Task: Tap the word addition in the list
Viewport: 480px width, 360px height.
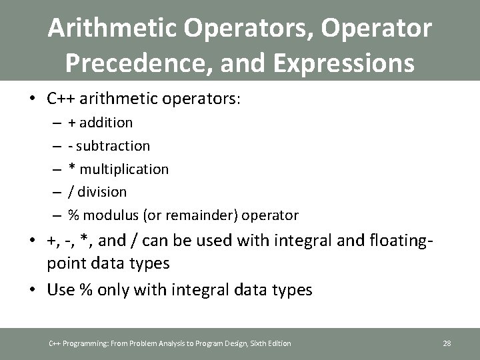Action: (106, 123)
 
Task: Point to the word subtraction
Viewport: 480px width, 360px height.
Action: (113, 146)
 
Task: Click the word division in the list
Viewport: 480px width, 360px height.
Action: (102, 192)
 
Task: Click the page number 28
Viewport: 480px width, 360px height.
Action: (447, 343)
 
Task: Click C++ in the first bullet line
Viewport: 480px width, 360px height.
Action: (61, 99)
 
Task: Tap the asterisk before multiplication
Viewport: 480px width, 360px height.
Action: (71, 168)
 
